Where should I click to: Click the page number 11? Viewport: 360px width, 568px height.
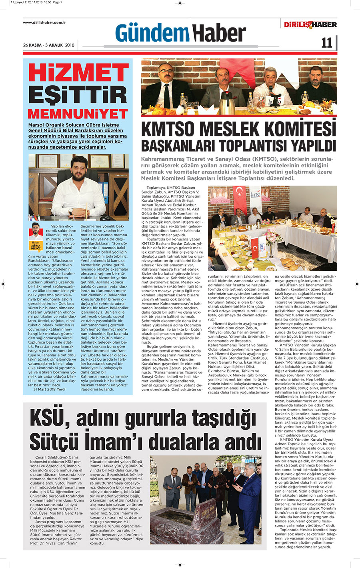click(x=326, y=43)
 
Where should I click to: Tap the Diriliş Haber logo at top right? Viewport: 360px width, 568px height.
click(x=310, y=25)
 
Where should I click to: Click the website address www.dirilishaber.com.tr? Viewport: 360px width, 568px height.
click(x=44, y=22)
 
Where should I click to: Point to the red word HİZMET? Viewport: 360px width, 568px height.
click(x=78, y=73)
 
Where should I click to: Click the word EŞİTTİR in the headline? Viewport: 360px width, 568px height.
click(x=78, y=95)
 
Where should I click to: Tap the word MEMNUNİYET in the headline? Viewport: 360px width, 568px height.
click(x=78, y=114)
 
